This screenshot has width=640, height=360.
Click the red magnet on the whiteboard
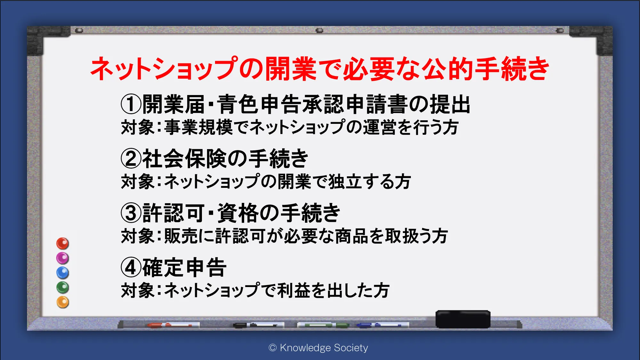(x=62, y=244)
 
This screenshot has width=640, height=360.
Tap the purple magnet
(x=62, y=258)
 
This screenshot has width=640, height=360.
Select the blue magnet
(x=62, y=273)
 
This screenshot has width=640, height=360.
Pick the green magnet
(x=62, y=287)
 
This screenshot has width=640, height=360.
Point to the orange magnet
(x=62, y=302)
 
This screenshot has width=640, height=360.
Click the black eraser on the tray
(x=463, y=319)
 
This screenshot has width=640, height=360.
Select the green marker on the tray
(x=323, y=325)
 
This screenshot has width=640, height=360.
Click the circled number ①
(x=131, y=104)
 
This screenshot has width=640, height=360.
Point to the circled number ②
(x=131, y=159)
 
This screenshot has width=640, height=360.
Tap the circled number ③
(x=131, y=213)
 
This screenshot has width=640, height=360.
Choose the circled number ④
(x=131, y=268)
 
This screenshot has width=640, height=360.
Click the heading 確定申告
(x=184, y=268)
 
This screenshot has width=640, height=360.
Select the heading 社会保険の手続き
(x=225, y=159)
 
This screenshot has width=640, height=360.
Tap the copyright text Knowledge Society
(x=324, y=348)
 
